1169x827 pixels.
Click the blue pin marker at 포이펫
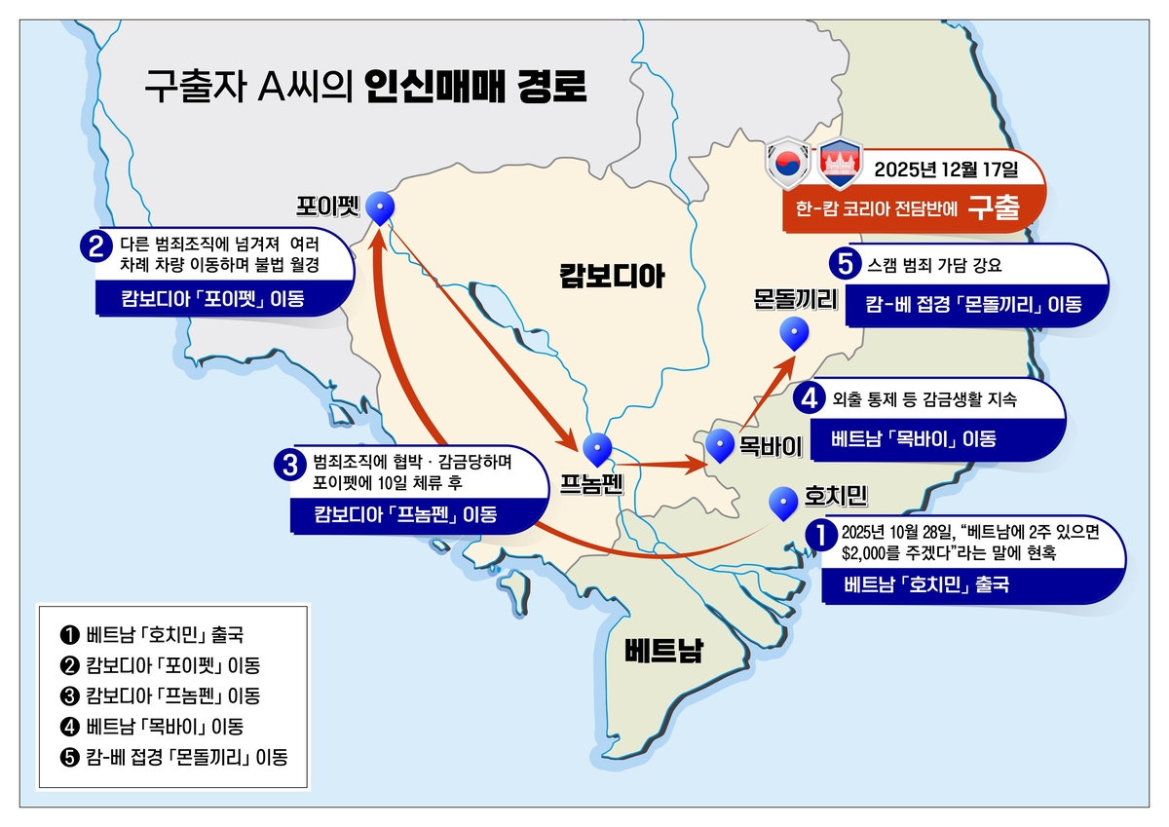[383, 206]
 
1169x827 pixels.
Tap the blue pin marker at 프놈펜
[597, 448]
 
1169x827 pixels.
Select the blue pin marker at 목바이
[720, 444]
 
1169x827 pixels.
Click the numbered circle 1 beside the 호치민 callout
[820, 533]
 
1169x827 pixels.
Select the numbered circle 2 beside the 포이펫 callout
[95, 246]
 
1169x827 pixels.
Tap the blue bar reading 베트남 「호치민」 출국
[926, 585]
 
